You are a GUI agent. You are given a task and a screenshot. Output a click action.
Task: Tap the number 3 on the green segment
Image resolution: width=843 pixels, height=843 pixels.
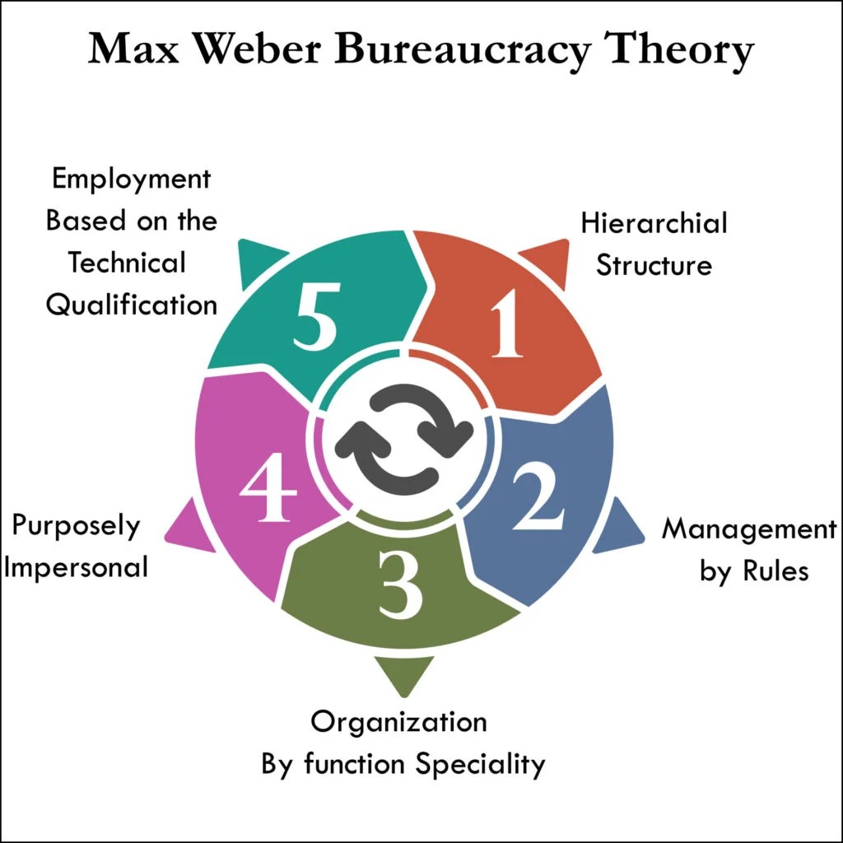click(402, 585)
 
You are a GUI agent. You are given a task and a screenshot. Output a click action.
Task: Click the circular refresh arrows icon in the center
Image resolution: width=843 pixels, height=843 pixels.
click(404, 435)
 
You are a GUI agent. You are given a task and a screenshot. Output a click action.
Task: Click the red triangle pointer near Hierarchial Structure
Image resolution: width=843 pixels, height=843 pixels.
click(548, 258)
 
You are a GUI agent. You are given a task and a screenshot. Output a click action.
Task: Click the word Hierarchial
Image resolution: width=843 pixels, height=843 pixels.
click(654, 223)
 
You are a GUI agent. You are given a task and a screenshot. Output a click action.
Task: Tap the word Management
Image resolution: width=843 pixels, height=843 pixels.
click(748, 529)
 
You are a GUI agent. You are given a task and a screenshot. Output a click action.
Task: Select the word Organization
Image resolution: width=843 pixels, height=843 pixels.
click(398, 722)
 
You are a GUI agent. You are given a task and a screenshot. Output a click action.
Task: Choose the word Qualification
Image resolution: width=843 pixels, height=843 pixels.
click(131, 305)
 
